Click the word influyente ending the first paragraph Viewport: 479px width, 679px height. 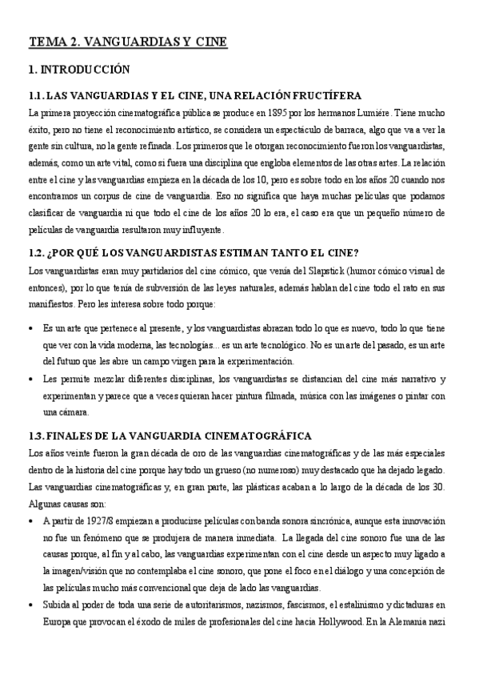tap(202, 230)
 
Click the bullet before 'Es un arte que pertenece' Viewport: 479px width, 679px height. tap(30, 329)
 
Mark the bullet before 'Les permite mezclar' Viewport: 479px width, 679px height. tap(30, 380)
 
